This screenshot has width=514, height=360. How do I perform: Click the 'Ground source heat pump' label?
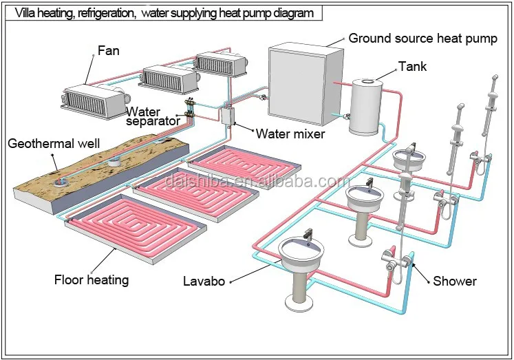pos(422,38)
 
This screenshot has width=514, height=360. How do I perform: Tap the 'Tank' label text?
pos(412,67)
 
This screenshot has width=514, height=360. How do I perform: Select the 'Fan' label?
pos(110,50)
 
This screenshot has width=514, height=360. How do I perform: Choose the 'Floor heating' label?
pos(92,279)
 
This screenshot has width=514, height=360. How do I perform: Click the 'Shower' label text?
pos(454,281)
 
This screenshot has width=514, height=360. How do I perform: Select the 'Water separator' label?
pos(153,116)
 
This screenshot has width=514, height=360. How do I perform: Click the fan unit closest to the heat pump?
pos(219,65)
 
